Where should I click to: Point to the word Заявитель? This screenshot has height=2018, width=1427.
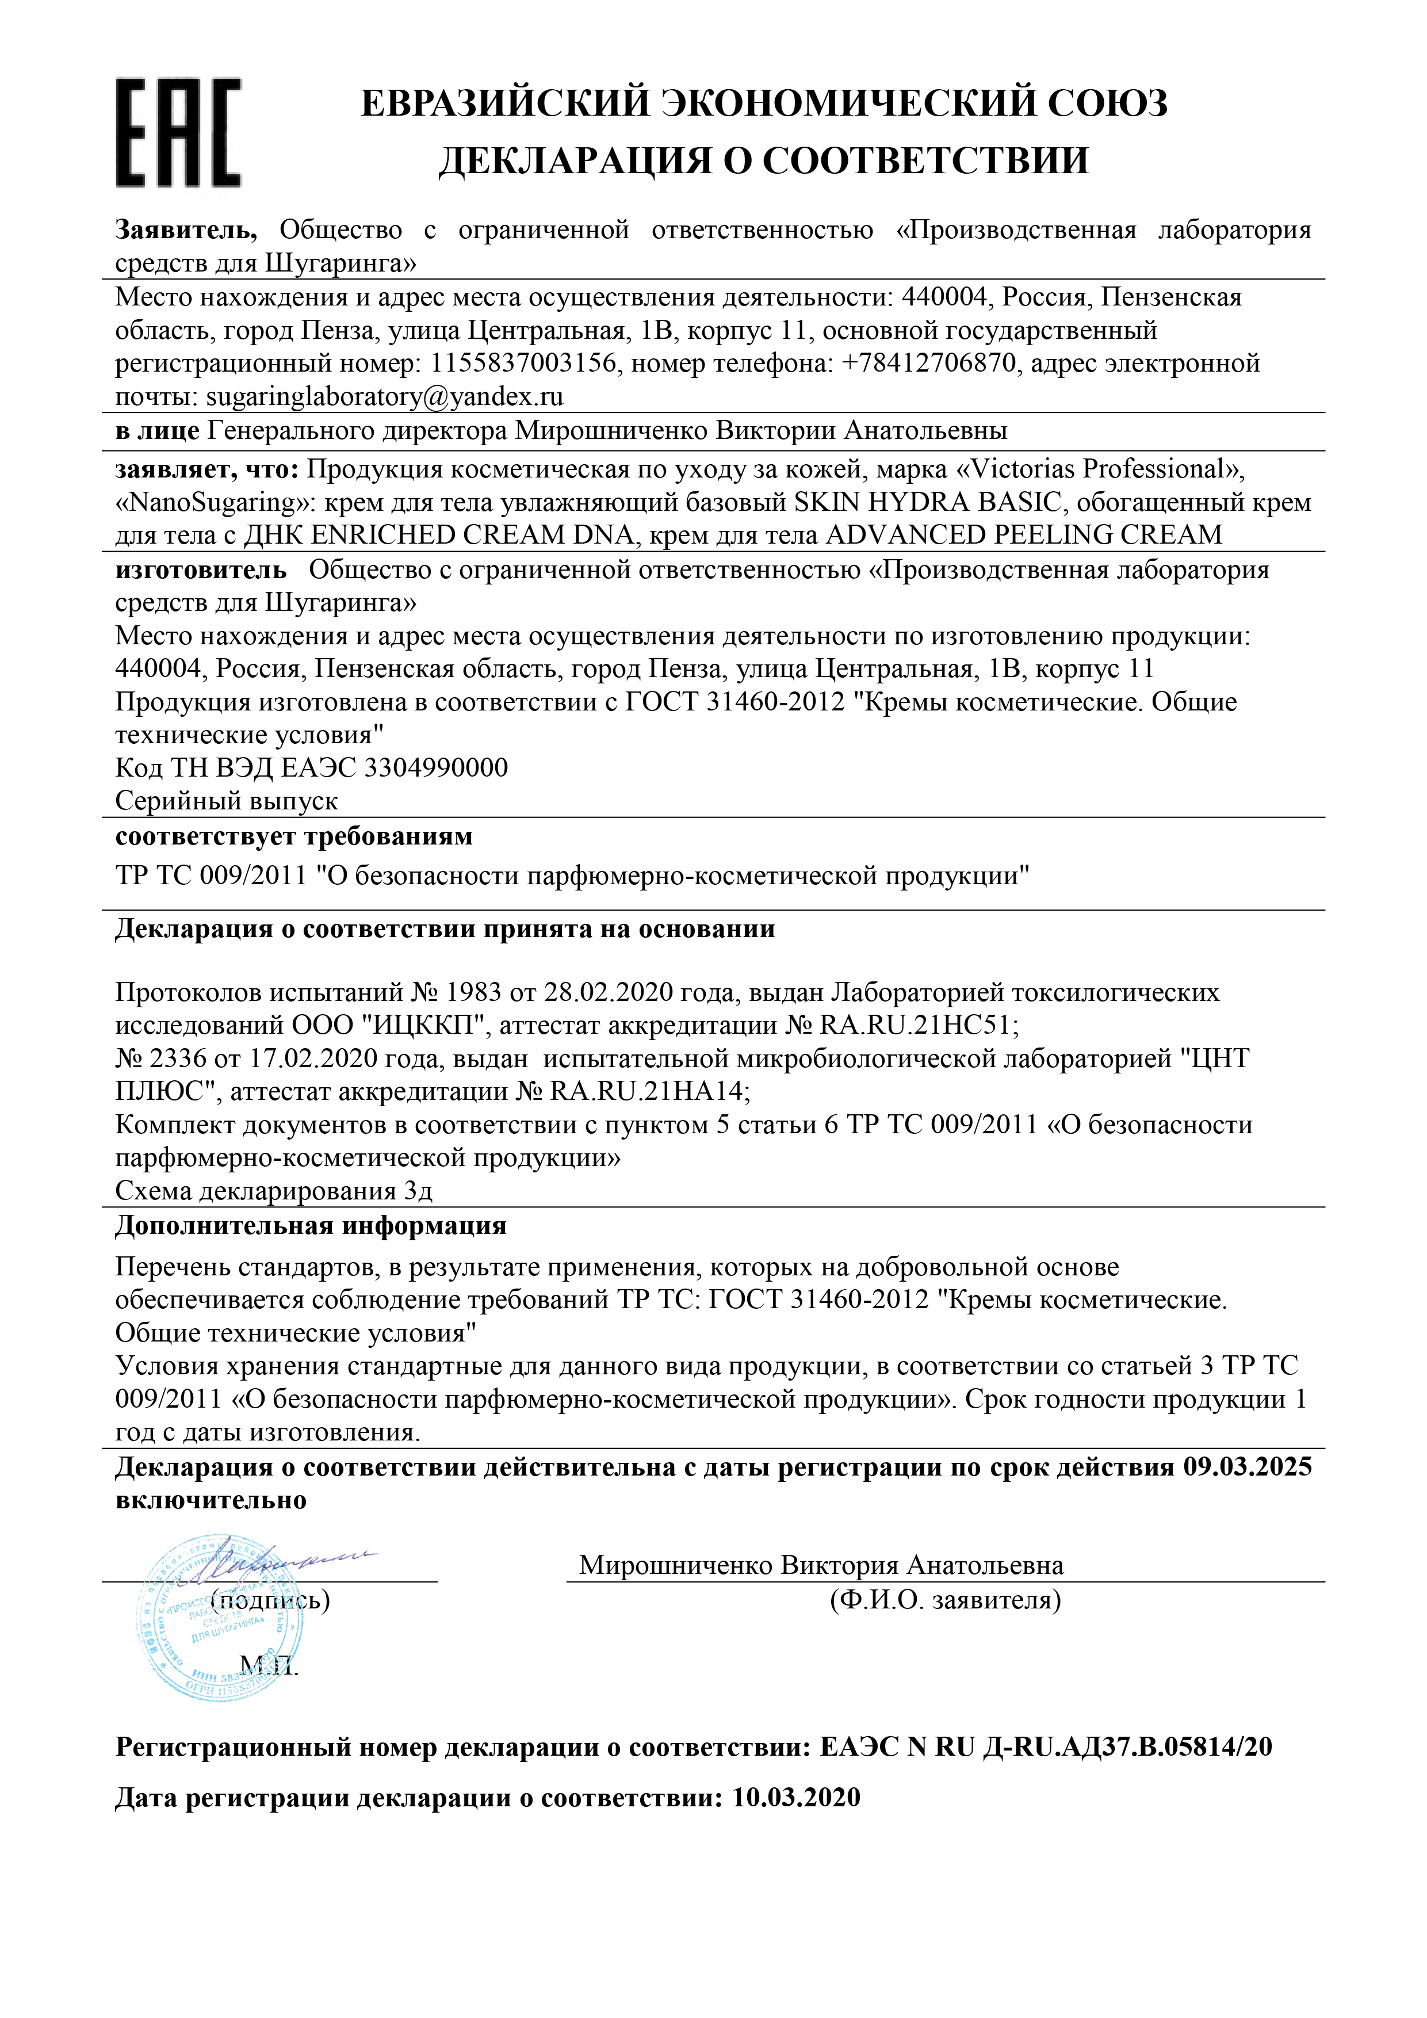tap(185, 230)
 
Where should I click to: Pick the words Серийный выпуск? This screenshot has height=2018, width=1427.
tap(227, 801)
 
